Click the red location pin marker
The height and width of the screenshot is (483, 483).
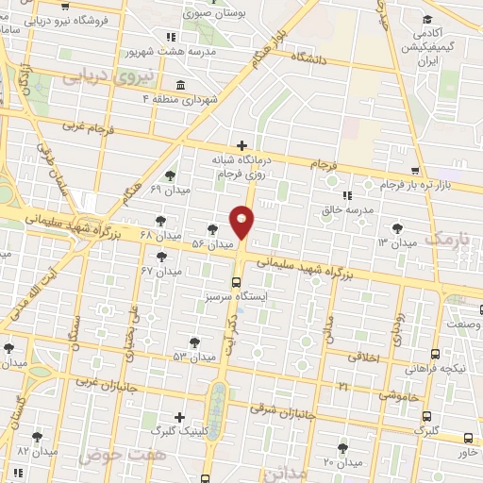click(x=242, y=221)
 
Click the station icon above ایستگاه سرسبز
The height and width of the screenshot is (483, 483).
click(x=235, y=281)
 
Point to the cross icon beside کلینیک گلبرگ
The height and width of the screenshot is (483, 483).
click(x=180, y=416)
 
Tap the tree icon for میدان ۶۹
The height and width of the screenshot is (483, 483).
click(x=169, y=175)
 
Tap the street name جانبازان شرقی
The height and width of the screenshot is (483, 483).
click(x=283, y=410)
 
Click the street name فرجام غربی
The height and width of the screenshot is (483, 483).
click(x=88, y=124)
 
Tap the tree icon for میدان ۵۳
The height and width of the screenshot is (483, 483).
click(x=194, y=342)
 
